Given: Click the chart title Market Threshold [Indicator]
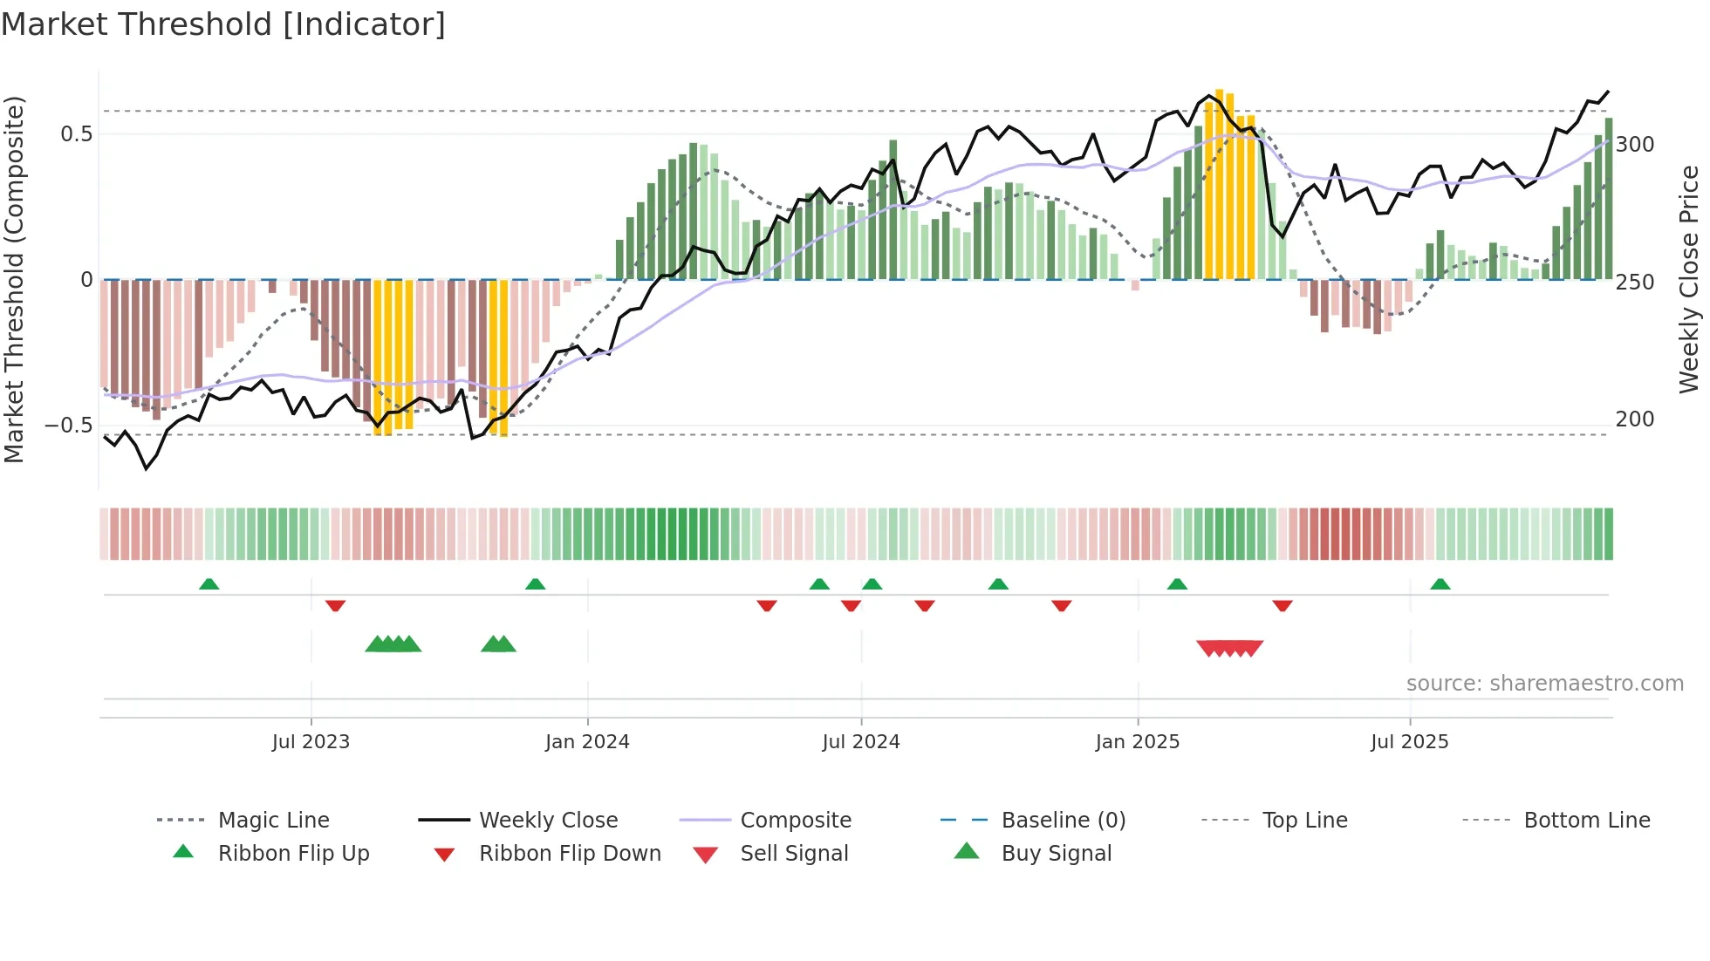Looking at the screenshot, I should click(223, 24).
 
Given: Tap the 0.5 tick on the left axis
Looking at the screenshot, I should click(76, 134).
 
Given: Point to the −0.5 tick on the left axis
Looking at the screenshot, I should click(69, 426).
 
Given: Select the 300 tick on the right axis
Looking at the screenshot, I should click(1635, 145).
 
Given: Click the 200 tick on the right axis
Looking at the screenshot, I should click(1635, 419).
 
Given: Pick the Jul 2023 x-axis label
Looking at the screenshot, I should click(311, 742).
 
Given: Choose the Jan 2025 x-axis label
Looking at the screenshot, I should click(1137, 742).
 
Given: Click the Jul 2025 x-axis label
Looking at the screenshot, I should click(1409, 742).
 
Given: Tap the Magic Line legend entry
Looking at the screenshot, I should click(273, 821).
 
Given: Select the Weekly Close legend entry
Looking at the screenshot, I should click(548, 821).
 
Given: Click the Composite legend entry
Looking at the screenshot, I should click(795, 821).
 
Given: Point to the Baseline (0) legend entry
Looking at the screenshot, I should click(1063, 821).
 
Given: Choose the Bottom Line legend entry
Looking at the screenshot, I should click(1586, 821).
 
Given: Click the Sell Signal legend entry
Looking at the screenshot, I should click(793, 854).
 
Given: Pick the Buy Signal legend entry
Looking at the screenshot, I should click(1056, 854).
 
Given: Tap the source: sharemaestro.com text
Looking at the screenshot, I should click(1544, 684).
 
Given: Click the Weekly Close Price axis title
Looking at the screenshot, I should click(1689, 279).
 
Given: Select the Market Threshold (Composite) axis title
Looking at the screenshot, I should click(14, 279).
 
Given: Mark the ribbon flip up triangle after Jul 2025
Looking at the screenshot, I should click(1440, 584).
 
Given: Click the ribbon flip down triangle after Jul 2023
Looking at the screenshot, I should click(335, 605).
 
